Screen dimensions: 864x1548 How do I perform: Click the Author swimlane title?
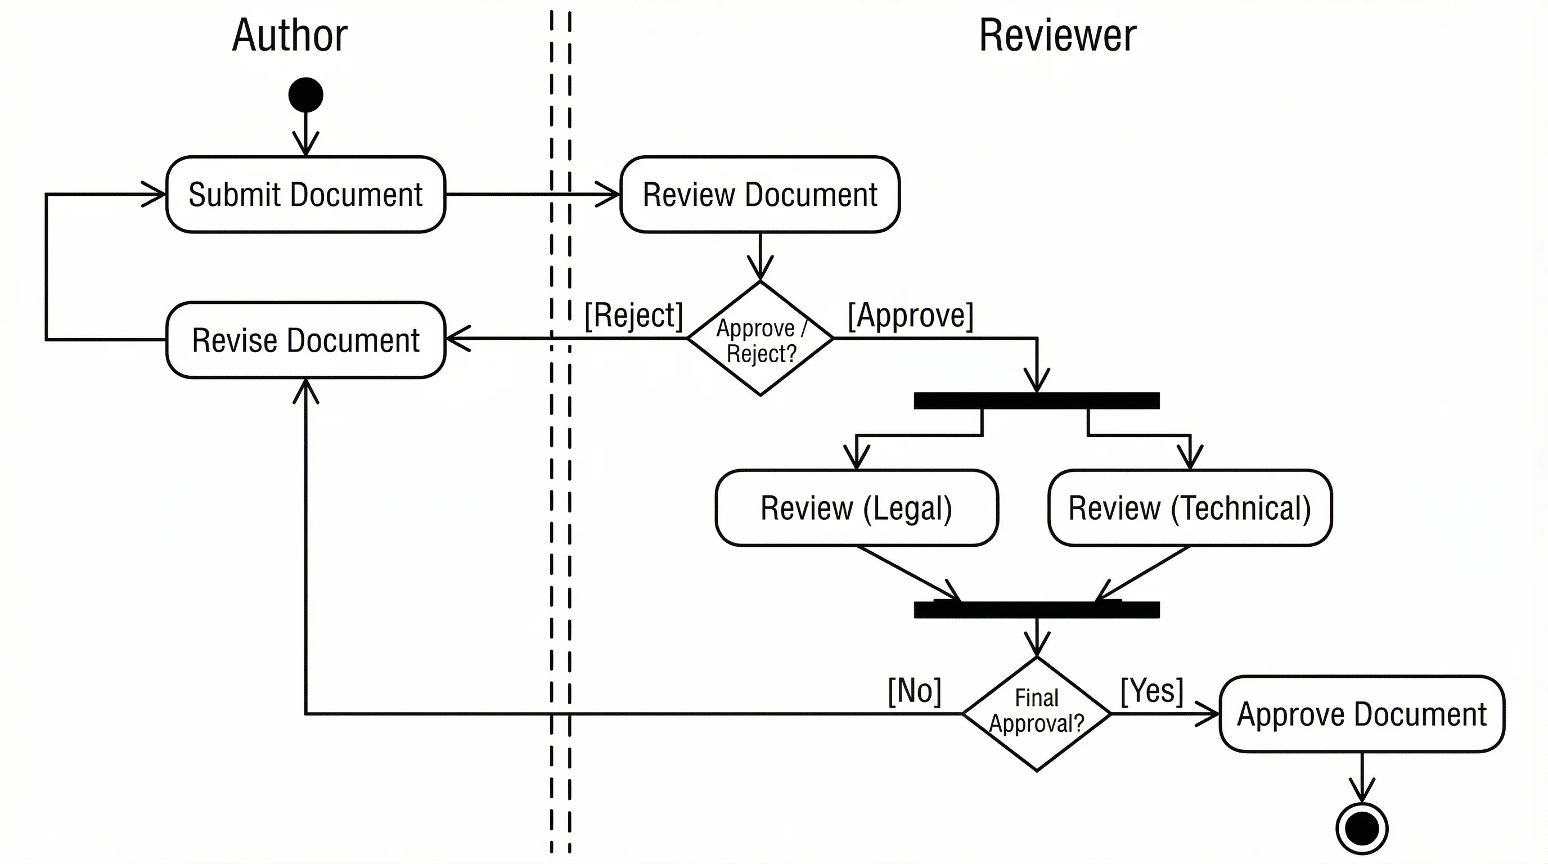coord(289,35)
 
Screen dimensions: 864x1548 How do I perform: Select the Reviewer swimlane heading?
coord(1057,35)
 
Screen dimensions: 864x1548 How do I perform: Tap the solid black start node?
coord(305,94)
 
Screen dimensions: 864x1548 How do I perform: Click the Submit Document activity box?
coord(305,194)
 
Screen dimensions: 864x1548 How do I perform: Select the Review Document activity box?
coord(759,194)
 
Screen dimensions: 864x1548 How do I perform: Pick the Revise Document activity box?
coord(305,340)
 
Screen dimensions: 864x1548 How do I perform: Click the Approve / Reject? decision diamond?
coord(759,339)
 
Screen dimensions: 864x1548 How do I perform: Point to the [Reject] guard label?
coord(633,316)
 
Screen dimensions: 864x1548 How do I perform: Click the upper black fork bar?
coord(1036,400)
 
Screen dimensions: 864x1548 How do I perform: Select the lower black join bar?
coord(1036,610)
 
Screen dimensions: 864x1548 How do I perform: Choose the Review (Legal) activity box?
coord(856,508)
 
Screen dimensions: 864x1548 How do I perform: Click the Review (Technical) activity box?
coord(1189,508)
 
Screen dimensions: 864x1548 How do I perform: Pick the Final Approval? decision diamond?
coord(1037,713)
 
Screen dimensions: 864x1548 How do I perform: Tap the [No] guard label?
coord(914,691)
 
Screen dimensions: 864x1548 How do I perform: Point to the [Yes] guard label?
coord(1151,690)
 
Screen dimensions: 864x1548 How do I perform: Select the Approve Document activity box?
coord(1361,714)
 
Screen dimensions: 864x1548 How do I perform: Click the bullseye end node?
coord(1362,829)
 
